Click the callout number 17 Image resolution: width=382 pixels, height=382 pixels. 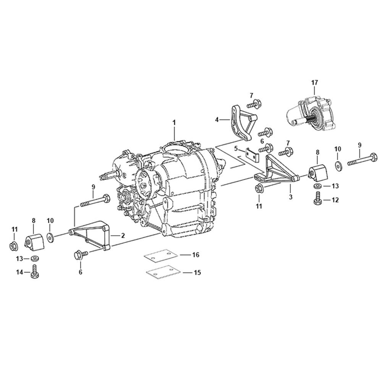click(x=314, y=83)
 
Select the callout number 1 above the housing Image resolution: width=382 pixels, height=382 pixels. click(x=174, y=122)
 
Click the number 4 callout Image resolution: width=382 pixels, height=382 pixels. click(x=217, y=120)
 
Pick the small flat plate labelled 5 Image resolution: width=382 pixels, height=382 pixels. click(x=252, y=155)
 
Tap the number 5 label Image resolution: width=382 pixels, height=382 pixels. click(x=236, y=148)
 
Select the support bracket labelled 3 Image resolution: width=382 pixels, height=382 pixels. click(x=277, y=171)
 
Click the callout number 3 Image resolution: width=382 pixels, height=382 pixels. click(x=290, y=197)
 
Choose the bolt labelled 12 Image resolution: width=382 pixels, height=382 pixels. click(x=317, y=199)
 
